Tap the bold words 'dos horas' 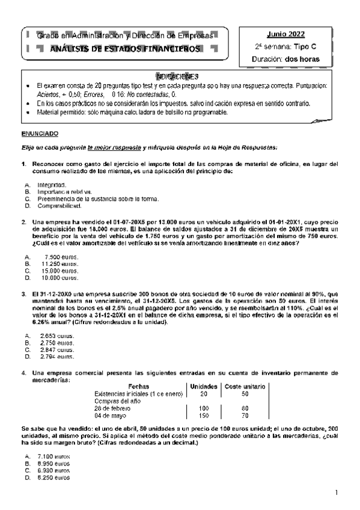click(x=303, y=59)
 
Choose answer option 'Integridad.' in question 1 click(x=52, y=185)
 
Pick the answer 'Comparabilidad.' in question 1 click(x=59, y=206)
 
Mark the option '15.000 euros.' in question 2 click(x=60, y=271)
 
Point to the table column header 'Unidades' click(x=204, y=386)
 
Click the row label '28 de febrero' click(x=113, y=407)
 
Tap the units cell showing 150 click(x=204, y=414)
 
